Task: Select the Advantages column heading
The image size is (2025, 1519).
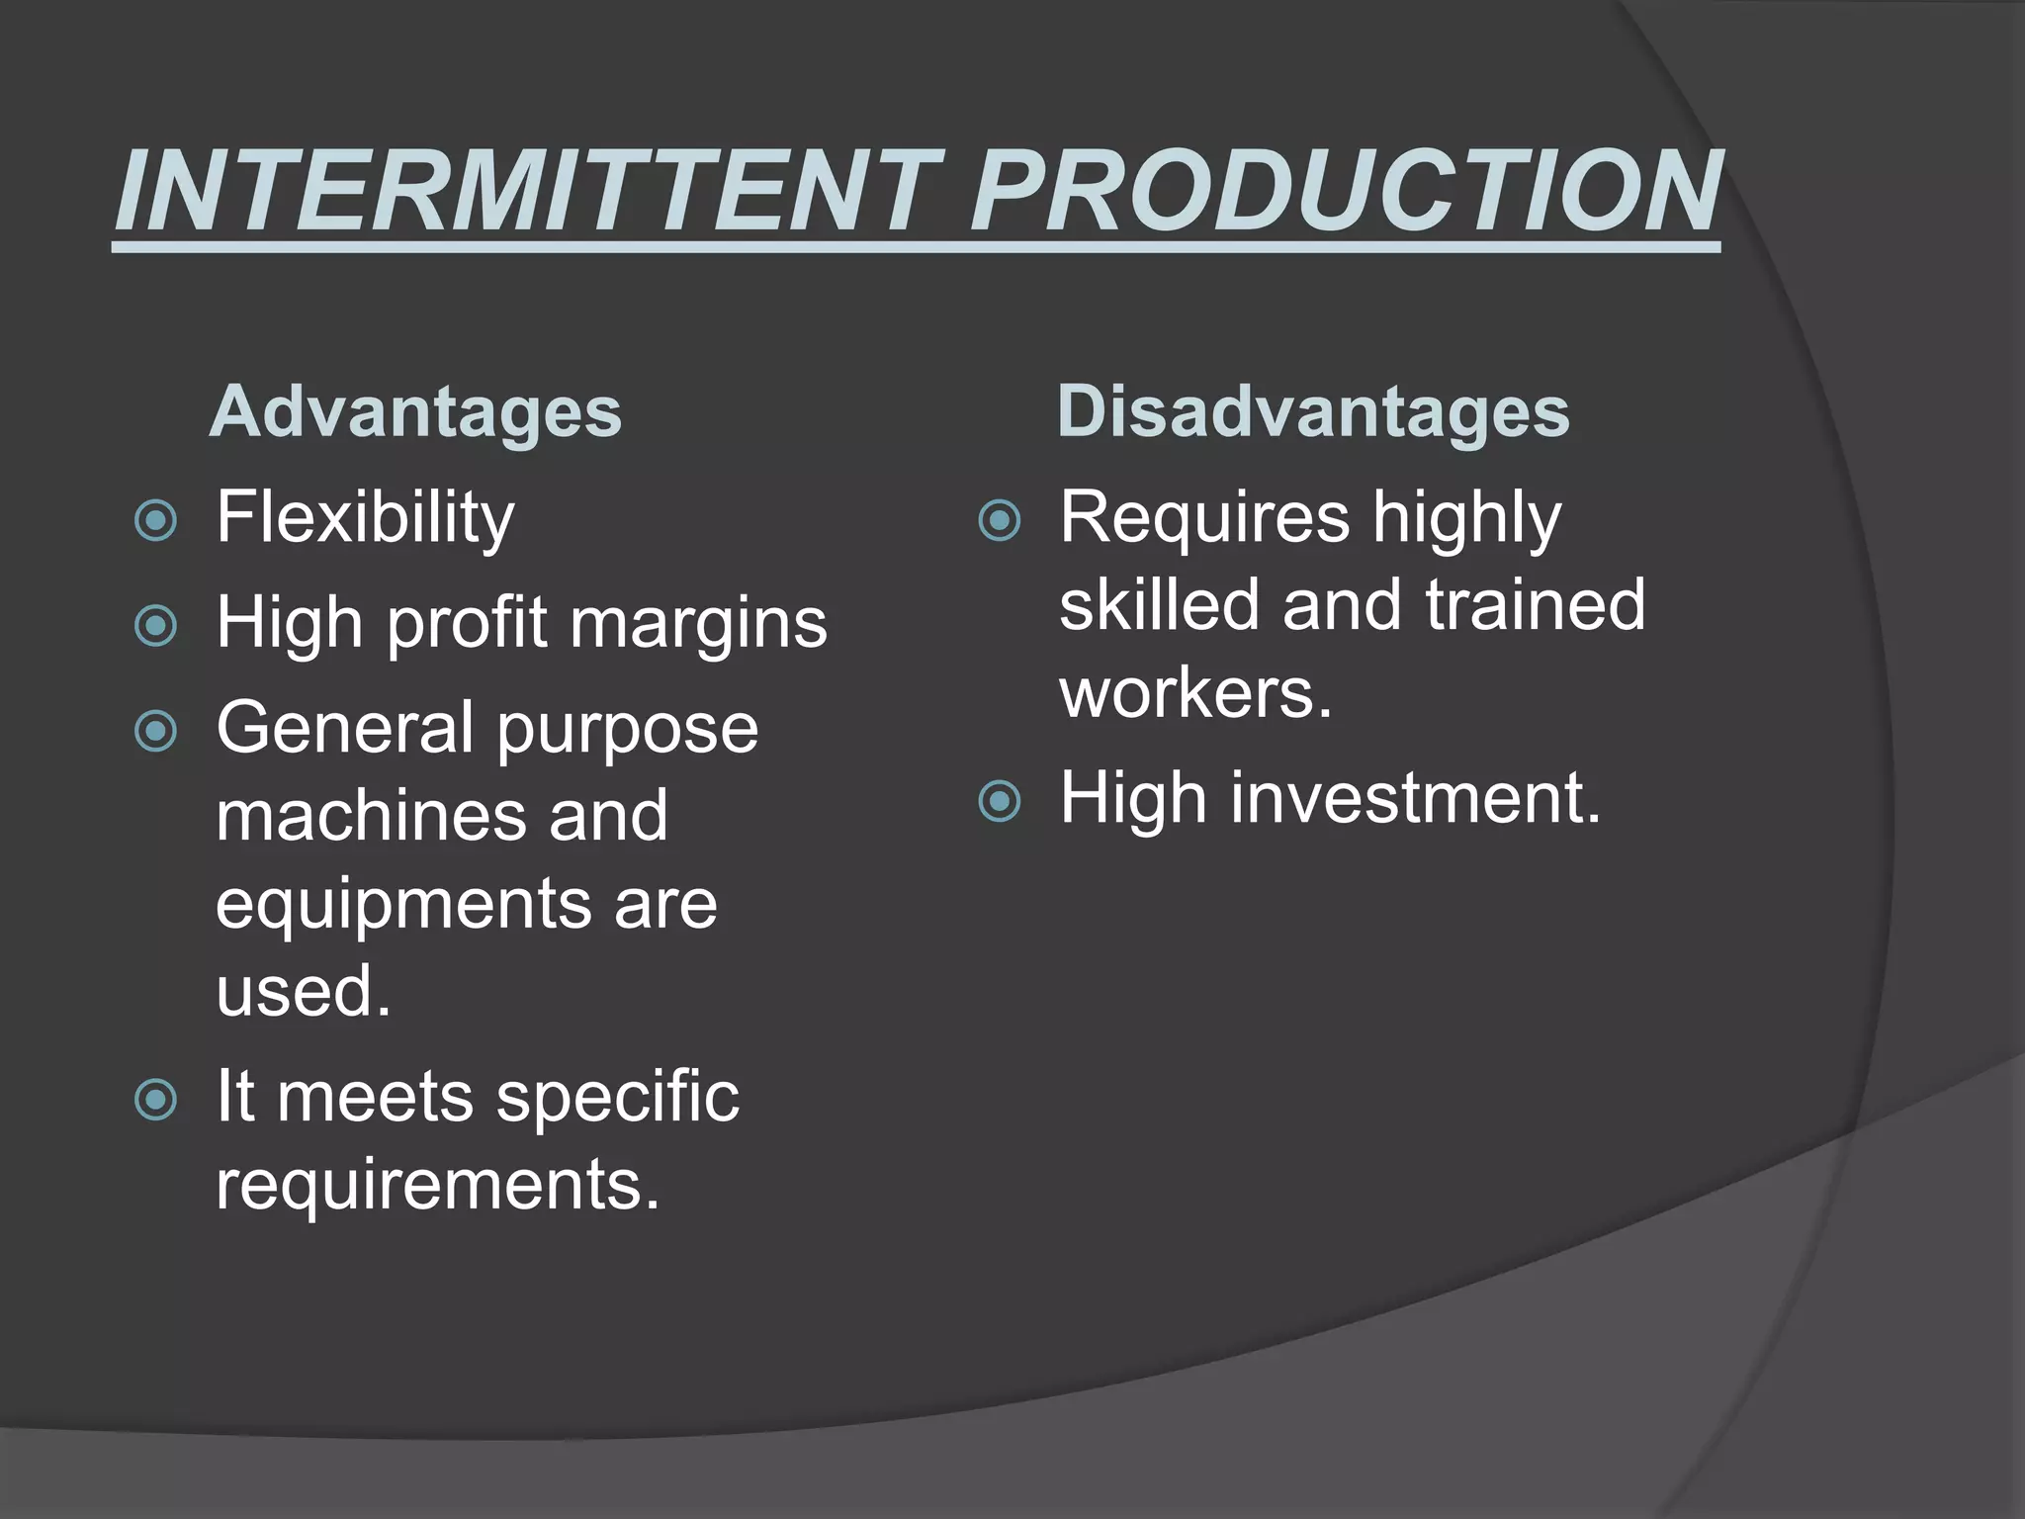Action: point(415,411)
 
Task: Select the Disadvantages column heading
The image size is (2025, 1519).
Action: point(1313,411)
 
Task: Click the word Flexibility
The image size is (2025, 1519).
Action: point(365,518)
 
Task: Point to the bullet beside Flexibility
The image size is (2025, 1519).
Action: point(155,520)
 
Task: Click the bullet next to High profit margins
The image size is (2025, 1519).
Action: point(155,625)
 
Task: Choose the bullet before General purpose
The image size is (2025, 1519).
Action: point(155,732)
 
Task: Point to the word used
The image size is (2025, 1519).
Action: point(303,991)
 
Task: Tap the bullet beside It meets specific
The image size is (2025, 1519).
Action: point(155,1100)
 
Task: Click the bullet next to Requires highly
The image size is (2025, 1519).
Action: point(999,520)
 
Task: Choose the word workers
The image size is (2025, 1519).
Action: point(1195,692)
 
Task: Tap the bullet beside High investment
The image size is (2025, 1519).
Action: point(999,801)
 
